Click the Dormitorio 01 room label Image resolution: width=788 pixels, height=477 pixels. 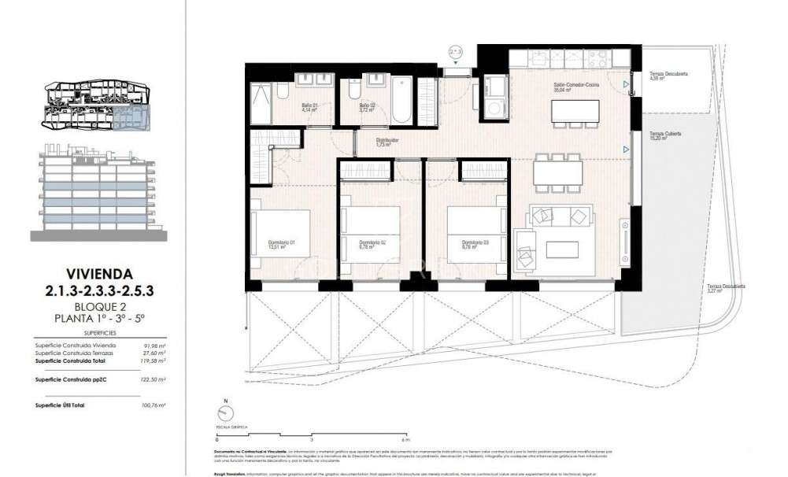tap(282, 244)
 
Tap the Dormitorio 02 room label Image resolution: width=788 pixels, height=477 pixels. tap(372, 244)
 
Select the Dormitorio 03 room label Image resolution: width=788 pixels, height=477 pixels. tap(475, 244)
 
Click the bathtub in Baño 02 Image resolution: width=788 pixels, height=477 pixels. tap(401, 99)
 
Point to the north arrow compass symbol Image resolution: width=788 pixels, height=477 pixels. tap(224, 410)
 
